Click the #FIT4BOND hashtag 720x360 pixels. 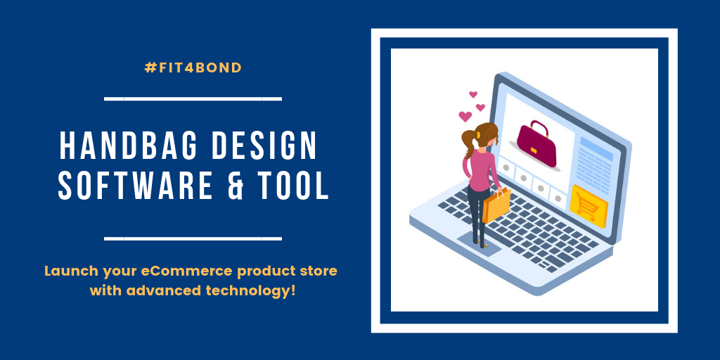[193, 68]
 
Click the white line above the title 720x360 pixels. [193, 98]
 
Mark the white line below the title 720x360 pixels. [193, 239]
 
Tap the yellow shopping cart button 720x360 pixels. [589, 206]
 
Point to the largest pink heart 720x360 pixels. [465, 116]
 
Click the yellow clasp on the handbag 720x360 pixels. [534, 150]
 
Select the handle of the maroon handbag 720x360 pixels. [539, 126]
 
